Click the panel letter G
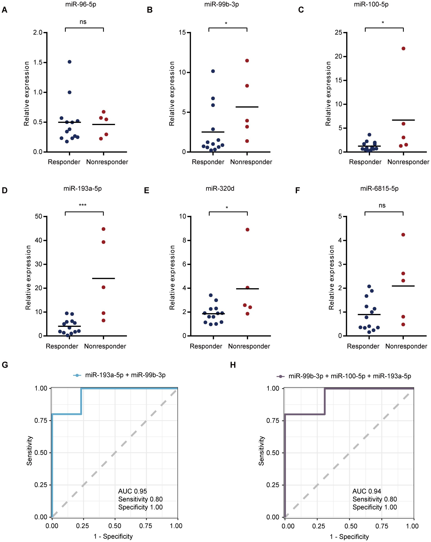coord(5,365)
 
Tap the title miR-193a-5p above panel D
coord(82,188)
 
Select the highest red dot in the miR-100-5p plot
coord(403,49)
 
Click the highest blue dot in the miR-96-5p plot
coord(70,62)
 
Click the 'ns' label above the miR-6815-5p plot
coord(382,205)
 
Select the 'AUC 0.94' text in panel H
coord(367,491)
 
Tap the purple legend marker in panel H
coord(281,376)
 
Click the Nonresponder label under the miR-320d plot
coord(249,346)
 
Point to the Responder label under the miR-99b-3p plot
coord(208,162)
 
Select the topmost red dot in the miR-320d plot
coord(247,229)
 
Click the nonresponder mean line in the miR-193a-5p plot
coord(103,278)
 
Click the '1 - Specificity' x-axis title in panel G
coord(113,536)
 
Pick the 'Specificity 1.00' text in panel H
coord(374,507)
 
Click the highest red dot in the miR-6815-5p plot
coord(403,235)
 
